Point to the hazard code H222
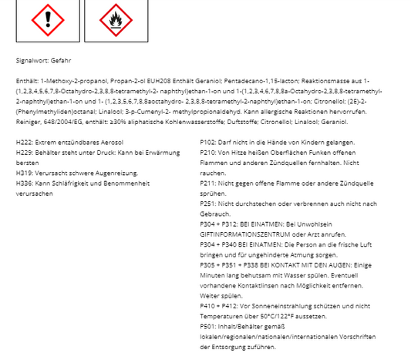(24, 143)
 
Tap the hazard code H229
(24, 153)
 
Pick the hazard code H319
(24, 173)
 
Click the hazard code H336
(24, 183)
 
